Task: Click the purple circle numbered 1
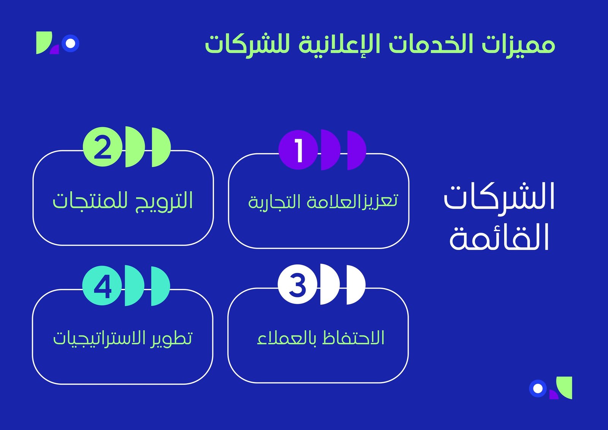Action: (x=298, y=150)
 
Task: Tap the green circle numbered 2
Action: (x=103, y=147)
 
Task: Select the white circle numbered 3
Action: (x=298, y=284)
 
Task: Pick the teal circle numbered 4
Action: (x=102, y=286)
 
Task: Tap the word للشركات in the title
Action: (x=247, y=45)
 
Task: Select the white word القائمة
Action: (x=499, y=237)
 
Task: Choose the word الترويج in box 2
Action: (x=164, y=201)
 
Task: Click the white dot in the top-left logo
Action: (x=71, y=43)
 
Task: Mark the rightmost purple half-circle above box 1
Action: (x=356, y=150)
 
